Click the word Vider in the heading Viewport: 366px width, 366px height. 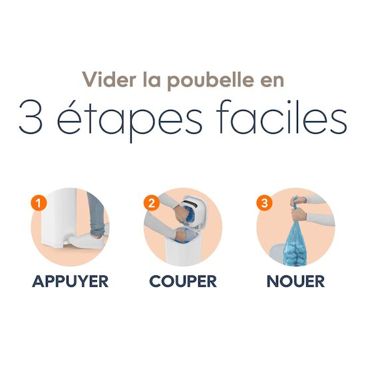point(109,79)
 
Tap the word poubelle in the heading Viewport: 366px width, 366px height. point(210,81)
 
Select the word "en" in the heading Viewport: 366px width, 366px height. point(272,82)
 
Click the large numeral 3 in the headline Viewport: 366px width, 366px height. point(31,116)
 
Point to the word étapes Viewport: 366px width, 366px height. point(130,118)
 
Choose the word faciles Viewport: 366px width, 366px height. point(282,116)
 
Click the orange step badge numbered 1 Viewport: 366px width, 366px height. point(39,203)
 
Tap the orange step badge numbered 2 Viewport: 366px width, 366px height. point(152,203)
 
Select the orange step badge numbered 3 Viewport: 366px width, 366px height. point(264,203)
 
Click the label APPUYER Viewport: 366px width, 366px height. point(71,281)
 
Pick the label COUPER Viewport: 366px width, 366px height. point(183,281)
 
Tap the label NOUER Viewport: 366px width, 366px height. point(295,281)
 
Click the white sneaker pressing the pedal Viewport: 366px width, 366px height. point(85,240)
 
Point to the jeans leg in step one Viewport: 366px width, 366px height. point(96,214)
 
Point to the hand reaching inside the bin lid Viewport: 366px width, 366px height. point(181,214)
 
